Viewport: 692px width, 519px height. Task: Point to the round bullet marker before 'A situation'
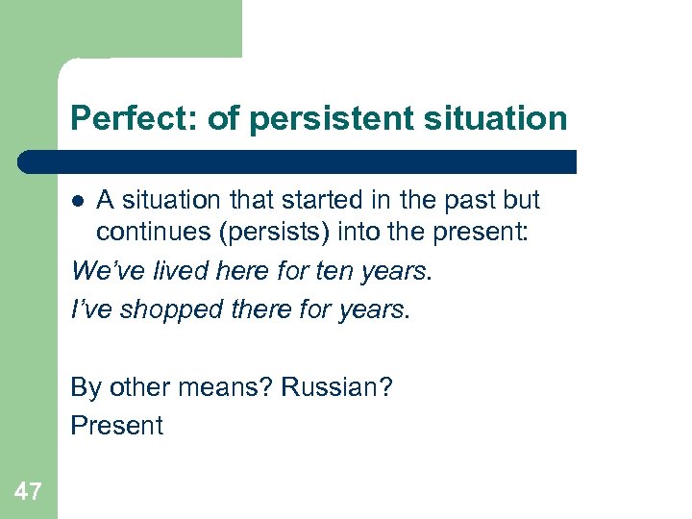pos(81,201)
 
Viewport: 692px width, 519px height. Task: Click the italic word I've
pos(92,309)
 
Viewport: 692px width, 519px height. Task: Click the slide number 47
pos(28,492)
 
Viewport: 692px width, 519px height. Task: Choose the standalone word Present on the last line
pos(116,425)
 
